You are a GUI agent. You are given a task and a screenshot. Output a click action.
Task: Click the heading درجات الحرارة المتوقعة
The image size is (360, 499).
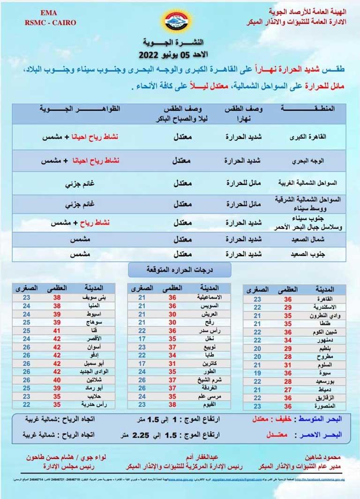tap(180, 269)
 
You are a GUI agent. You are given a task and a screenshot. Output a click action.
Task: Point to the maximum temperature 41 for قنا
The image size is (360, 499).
tap(57, 330)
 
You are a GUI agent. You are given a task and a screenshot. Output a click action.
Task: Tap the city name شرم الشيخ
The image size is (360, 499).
tap(204, 380)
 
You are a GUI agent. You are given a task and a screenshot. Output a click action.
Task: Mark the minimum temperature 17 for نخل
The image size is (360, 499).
tap(142, 338)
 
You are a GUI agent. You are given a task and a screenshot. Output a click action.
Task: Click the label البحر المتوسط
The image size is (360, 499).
tap(327, 417)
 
